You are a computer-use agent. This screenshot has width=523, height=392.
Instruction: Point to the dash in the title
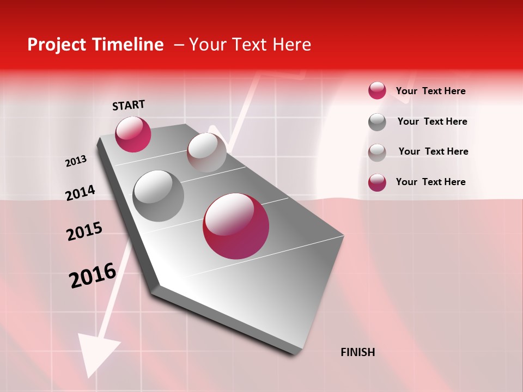pos(178,45)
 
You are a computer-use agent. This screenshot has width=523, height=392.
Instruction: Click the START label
pos(129,105)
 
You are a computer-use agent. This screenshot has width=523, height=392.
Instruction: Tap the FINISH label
pos(357,352)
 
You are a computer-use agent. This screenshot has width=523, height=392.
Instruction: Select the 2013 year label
pos(76,161)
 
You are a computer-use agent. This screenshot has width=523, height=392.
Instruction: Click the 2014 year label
pos(80,193)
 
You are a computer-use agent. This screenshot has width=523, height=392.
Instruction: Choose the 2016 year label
pos(93,275)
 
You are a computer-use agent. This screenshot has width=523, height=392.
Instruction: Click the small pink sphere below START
pos(133,134)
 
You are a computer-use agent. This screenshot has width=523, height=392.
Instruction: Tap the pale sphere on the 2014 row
pos(206,152)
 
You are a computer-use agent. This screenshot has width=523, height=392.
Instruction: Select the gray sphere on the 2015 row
pos(159,195)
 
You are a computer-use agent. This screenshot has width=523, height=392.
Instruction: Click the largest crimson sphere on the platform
pos(236,226)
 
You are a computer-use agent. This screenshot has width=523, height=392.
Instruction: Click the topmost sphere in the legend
pos(377,90)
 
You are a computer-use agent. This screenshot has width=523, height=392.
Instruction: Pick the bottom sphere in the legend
pos(377,182)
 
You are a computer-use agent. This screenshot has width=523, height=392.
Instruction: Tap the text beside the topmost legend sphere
pos(430,91)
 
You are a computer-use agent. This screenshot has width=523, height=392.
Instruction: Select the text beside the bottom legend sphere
pos(430,182)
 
